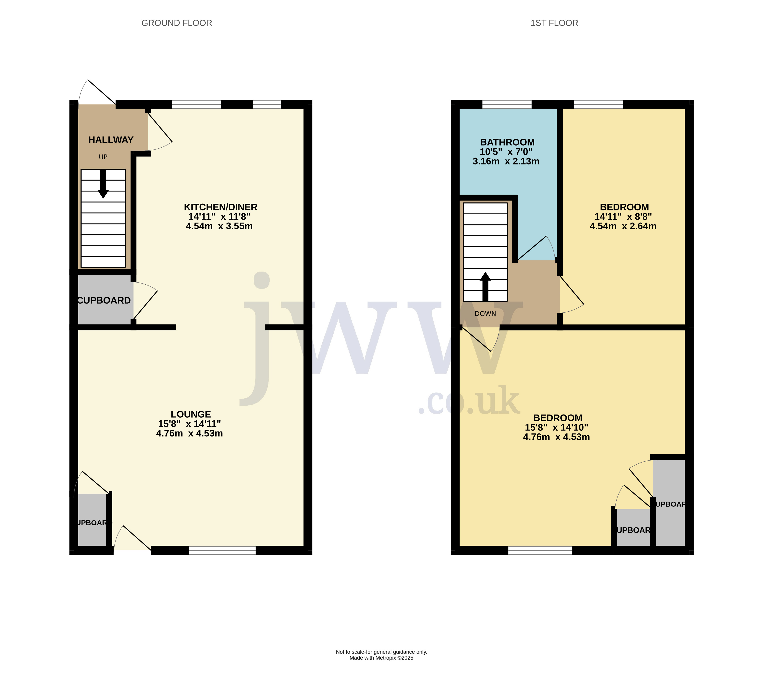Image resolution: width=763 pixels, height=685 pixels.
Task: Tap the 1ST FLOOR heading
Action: (554, 23)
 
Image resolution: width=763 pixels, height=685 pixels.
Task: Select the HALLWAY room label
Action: (111, 140)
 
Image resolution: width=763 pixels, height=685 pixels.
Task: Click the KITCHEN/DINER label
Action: (220, 207)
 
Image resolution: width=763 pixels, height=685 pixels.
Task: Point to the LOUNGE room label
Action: (191, 414)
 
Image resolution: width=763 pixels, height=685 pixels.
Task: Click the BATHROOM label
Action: (507, 142)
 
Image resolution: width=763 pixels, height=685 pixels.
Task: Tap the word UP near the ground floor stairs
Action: (103, 157)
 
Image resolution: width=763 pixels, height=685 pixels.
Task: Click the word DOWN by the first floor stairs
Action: (485, 314)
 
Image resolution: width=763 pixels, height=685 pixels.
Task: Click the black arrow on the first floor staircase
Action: (485, 286)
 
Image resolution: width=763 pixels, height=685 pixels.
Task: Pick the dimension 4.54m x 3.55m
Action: (219, 226)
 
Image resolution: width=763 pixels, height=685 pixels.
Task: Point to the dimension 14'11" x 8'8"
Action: (623, 217)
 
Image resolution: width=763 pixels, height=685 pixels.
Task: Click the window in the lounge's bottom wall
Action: (222, 550)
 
